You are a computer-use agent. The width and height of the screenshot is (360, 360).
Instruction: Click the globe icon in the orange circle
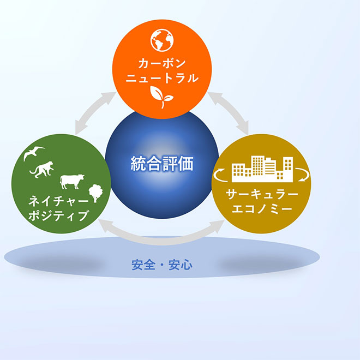(x=162, y=40)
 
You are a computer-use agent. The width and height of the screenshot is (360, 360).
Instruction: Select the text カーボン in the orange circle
(x=161, y=63)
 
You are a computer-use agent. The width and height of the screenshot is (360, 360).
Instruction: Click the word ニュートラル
(x=162, y=78)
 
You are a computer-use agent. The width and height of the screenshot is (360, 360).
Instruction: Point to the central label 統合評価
(x=162, y=164)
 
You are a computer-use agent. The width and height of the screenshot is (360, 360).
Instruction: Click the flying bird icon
(x=34, y=152)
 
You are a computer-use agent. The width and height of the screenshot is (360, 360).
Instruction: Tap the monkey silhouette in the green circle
(x=42, y=170)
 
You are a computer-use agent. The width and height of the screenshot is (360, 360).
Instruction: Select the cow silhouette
(x=72, y=182)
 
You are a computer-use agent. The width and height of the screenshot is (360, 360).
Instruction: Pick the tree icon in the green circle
(x=96, y=193)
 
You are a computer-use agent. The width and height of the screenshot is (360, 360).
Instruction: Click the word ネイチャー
(x=58, y=201)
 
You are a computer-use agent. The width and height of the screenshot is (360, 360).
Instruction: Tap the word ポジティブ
(x=58, y=215)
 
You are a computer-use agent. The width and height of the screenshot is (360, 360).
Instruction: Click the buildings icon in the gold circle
(x=262, y=169)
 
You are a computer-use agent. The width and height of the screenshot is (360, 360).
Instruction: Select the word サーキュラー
(x=262, y=195)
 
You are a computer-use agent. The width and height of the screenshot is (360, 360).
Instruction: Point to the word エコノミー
(x=262, y=209)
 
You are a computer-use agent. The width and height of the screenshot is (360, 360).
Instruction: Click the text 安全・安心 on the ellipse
(x=162, y=265)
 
